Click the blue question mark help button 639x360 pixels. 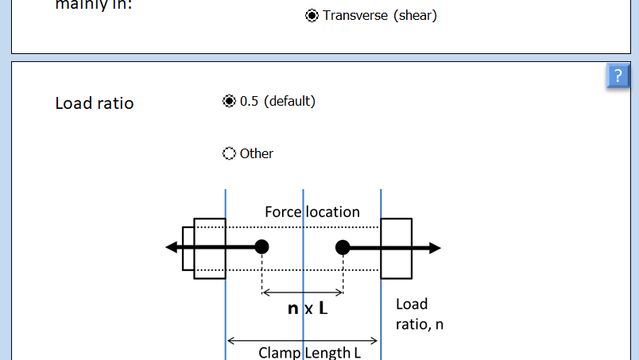[x=618, y=75]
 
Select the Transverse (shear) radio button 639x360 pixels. [x=312, y=15]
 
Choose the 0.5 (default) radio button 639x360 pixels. [x=229, y=101]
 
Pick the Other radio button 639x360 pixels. [x=229, y=153]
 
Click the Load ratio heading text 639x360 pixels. [x=94, y=103]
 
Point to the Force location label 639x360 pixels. [x=312, y=211]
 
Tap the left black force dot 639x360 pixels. [x=261, y=247]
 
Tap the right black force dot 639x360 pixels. [x=343, y=247]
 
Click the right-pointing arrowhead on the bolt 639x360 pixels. [x=434, y=247]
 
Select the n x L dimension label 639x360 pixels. [x=308, y=308]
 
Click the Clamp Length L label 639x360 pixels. [x=309, y=351]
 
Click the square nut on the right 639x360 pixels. [x=397, y=248]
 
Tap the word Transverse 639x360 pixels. [x=354, y=15]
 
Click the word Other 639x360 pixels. [x=257, y=153]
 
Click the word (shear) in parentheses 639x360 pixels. [x=415, y=15]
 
